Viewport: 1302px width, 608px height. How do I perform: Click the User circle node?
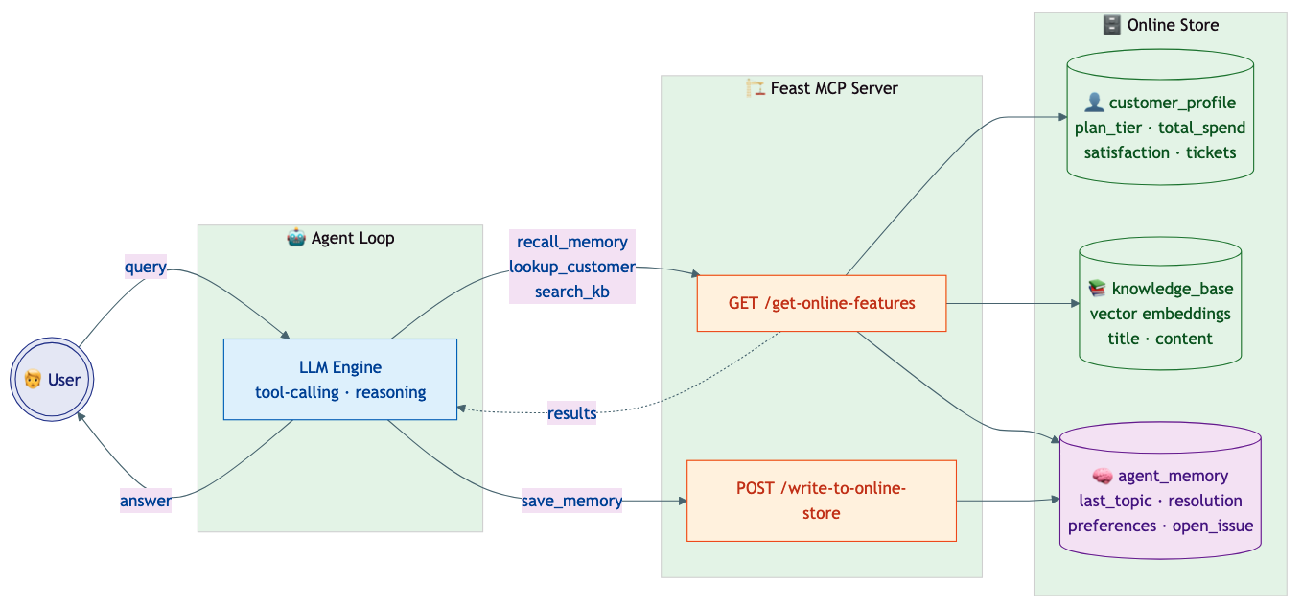tap(52, 380)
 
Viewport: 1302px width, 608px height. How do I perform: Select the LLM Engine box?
tap(340, 379)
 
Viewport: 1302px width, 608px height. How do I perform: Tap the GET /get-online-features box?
tap(822, 303)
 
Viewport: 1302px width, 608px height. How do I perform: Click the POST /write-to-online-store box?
tap(821, 501)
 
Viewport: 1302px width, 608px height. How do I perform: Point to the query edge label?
tap(146, 268)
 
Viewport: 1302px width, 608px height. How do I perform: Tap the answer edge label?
tap(146, 501)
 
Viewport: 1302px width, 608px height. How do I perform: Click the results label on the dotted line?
tap(571, 413)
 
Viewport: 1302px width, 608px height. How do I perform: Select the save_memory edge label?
tap(571, 501)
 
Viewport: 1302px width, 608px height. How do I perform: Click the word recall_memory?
tap(571, 242)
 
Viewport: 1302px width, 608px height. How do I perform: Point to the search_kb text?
tap(571, 292)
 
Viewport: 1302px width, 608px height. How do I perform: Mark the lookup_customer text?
tap(571, 267)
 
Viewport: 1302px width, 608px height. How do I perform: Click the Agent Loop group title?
tap(352, 238)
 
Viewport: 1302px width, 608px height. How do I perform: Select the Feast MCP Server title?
tap(833, 88)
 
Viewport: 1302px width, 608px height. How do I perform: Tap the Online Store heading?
tap(1172, 25)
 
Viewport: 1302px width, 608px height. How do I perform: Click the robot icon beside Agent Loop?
tap(296, 238)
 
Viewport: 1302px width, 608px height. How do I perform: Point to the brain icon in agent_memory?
tap(1102, 476)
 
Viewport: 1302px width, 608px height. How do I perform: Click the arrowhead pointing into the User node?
tap(81, 415)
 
